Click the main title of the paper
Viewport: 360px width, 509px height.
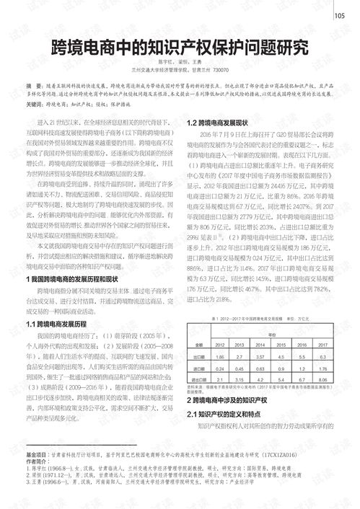180,48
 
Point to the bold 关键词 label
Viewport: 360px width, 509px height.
35,104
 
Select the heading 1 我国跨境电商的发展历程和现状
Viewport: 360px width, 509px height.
79,257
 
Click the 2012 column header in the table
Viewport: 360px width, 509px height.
219,345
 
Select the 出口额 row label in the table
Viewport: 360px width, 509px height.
198,355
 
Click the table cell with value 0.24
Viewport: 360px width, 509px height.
219,366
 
